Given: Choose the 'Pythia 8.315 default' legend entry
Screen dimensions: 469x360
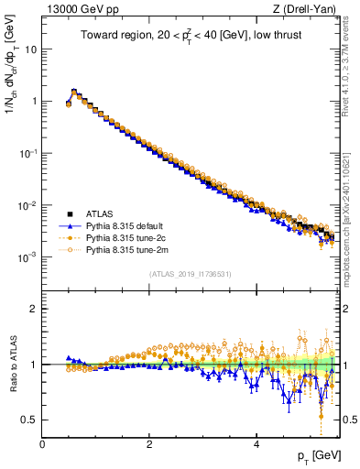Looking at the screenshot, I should pos(128,227).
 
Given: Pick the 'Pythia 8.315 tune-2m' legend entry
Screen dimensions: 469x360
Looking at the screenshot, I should pos(129,249).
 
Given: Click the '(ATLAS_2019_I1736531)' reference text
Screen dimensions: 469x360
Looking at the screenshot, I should pos(190,274).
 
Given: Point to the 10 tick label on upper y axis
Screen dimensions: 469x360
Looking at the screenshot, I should pos(30,49).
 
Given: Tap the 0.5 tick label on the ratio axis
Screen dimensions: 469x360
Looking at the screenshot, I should pos(29,420).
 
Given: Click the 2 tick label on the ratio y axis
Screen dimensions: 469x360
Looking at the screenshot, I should pos(34,309).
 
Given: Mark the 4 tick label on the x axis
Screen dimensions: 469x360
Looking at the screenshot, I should pos(256,444).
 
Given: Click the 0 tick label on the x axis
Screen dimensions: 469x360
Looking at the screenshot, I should pos(42,444).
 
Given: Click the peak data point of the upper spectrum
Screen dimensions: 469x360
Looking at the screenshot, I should pos(74,92).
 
